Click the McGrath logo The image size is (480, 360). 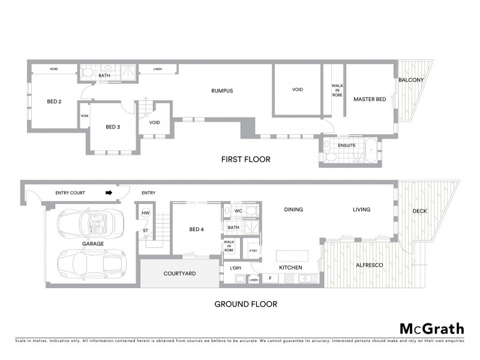432,328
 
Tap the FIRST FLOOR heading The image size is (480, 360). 246,160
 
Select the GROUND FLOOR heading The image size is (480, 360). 246,304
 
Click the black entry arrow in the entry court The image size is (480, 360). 109,193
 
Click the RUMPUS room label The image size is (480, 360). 221,91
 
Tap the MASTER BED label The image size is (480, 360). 369,99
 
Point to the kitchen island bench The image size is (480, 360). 292,255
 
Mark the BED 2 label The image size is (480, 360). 54,101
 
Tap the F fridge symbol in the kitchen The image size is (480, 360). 271,278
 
